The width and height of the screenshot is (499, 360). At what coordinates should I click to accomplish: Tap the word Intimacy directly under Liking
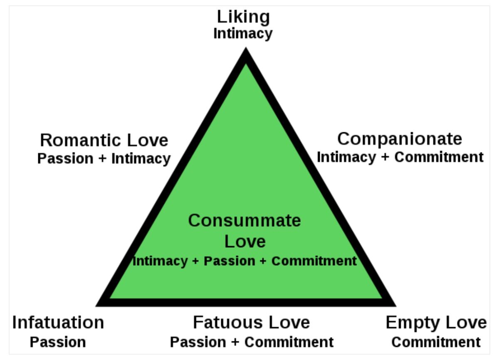pyautogui.click(x=243, y=34)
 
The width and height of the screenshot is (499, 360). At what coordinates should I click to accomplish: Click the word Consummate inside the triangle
pyautogui.click(x=245, y=220)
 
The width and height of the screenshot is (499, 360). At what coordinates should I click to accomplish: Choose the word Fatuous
pyautogui.click(x=229, y=322)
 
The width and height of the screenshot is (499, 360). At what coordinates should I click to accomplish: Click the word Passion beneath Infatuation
pyautogui.click(x=58, y=342)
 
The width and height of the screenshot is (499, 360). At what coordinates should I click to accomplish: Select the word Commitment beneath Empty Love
pyautogui.click(x=436, y=342)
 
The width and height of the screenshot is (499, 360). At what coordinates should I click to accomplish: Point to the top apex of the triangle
pyautogui.click(x=246, y=47)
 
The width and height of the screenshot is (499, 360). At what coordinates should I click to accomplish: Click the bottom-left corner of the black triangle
pyautogui.click(x=96, y=306)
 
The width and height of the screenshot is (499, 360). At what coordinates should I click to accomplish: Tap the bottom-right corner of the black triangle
pyautogui.click(x=396, y=306)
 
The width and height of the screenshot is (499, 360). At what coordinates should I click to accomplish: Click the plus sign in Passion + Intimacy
pyautogui.click(x=102, y=159)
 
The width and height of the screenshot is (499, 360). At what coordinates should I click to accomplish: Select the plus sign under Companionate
pyautogui.click(x=385, y=157)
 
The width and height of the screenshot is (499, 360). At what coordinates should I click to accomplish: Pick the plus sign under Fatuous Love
pyautogui.click(x=235, y=342)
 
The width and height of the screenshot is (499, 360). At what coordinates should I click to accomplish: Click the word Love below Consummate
pyautogui.click(x=245, y=242)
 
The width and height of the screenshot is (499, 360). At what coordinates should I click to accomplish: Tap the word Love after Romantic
pyautogui.click(x=148, y=141)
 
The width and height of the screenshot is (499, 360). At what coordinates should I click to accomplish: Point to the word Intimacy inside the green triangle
pyautogui.click(x=160, y=261)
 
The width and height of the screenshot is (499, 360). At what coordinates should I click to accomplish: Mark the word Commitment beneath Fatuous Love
pyautogui.click(x=289, y=342)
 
